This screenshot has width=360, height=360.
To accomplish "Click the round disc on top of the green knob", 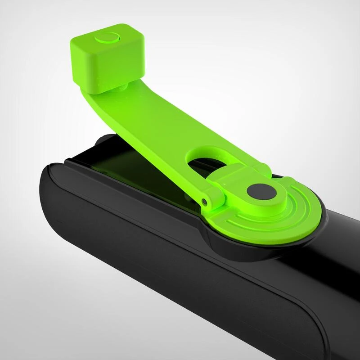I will click(x=107, y=38).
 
